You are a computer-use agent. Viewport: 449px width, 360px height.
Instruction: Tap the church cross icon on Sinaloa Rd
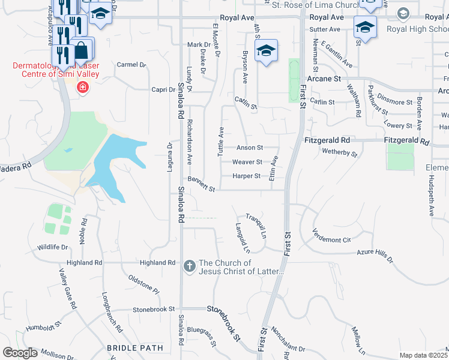click(189, 265)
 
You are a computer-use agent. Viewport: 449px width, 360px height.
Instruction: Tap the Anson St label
click(250, 148)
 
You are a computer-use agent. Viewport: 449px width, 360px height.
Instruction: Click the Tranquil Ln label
click(256, 224)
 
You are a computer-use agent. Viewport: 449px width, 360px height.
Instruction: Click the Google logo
click(20, 352)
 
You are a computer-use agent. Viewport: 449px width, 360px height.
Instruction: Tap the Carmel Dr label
click(131, 65)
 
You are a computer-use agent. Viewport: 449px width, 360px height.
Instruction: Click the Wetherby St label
click(340, 154)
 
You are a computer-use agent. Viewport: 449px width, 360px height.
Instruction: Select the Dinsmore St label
click(394, 103)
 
